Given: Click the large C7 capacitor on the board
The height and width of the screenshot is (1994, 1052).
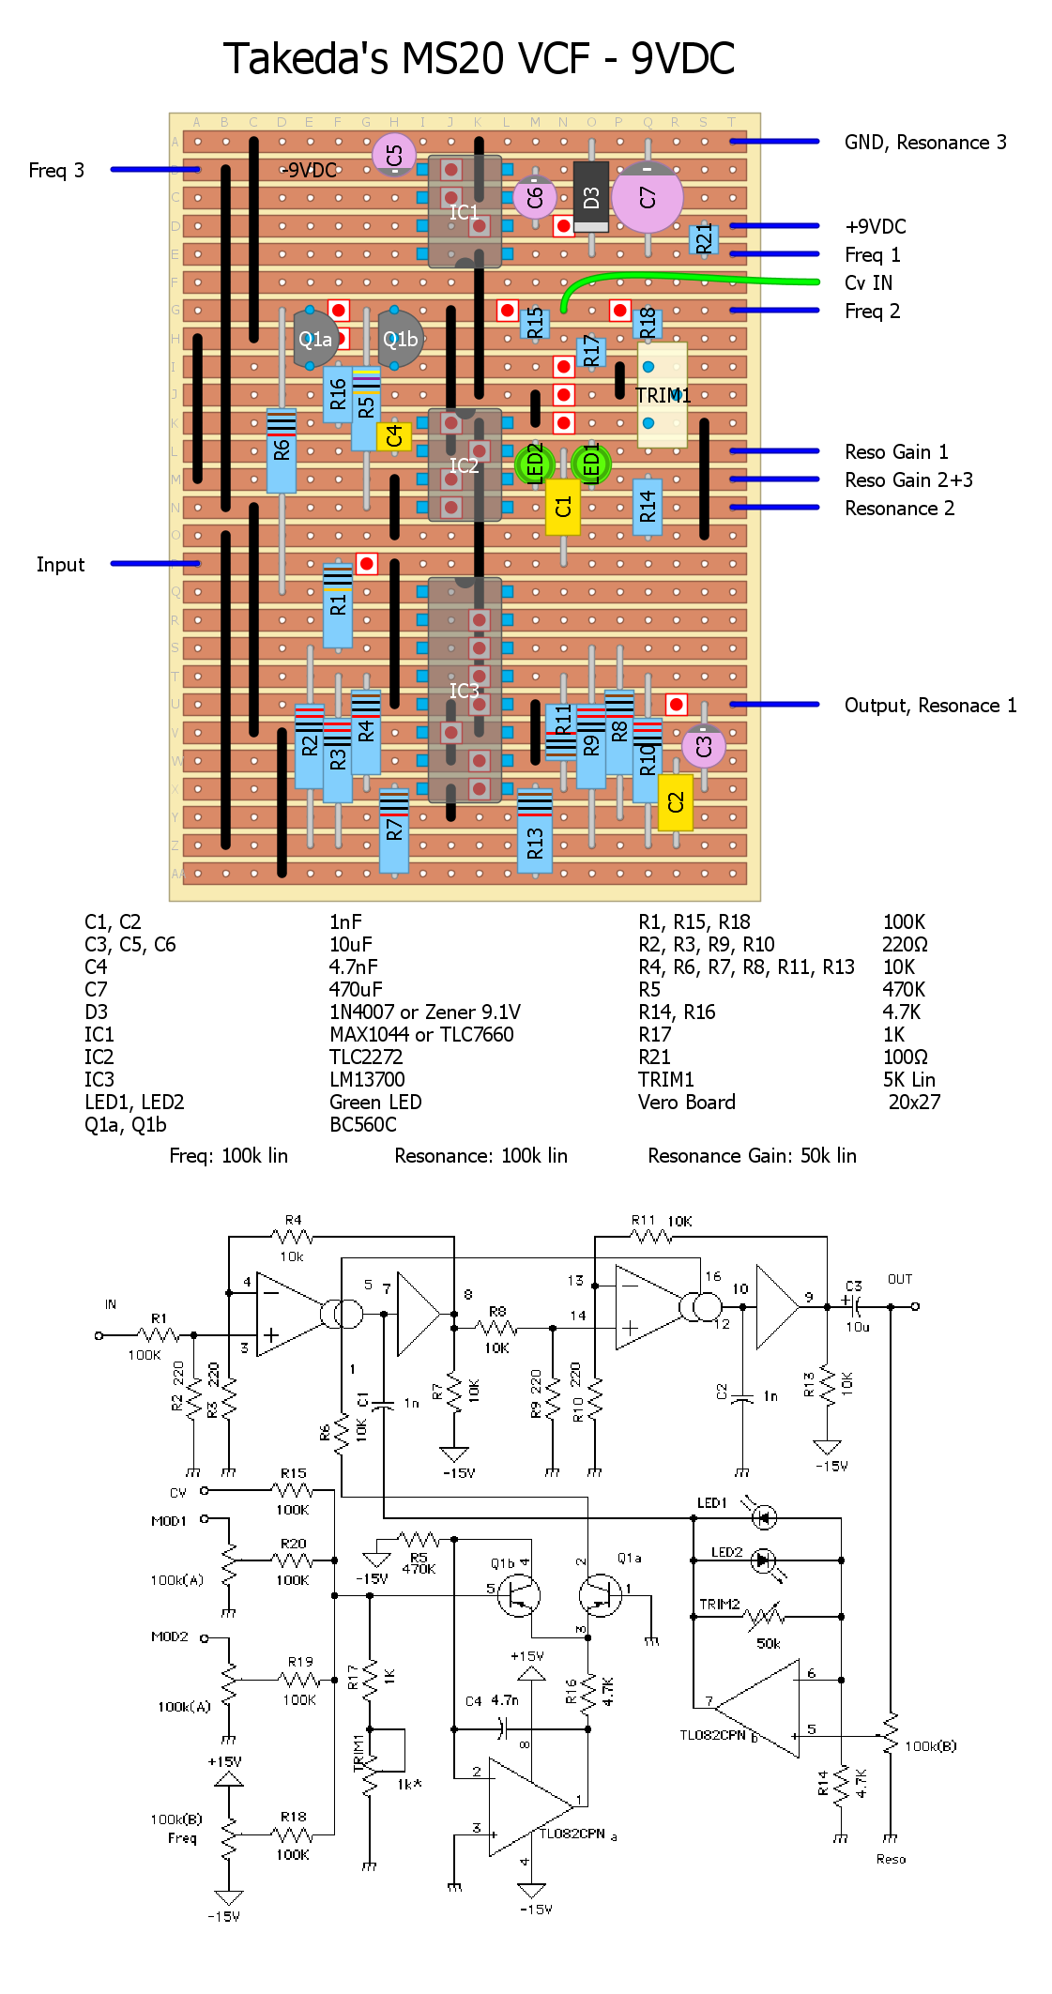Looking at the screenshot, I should click(x=647, y=197).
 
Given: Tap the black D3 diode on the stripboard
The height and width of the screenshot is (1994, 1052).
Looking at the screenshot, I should click(x=590, y=197).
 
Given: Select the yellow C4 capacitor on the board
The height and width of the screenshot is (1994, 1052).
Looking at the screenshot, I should click(x=394, y=436).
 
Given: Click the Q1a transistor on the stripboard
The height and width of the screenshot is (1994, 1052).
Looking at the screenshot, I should click(x=314, y=339).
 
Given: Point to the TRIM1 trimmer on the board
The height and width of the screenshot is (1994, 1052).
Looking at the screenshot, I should click(x=663, y=394).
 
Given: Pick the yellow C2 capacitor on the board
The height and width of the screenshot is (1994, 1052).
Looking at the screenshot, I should click(x=676, y=802).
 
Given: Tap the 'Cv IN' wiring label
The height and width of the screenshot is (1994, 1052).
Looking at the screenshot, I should click(x=868, y=282).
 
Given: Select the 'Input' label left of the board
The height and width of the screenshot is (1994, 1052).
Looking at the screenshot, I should click(x=60, y=564).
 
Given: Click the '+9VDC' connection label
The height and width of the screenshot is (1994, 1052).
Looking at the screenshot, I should click(x=875, y=226).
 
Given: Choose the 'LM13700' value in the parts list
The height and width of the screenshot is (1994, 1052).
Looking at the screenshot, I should click(x=367, y=1079).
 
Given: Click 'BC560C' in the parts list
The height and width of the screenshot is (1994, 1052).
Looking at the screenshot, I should click(x=362, y=1124).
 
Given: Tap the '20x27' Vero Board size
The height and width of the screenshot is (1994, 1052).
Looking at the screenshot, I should click(x=914, y=1102).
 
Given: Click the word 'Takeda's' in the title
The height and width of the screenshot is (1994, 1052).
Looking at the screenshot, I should click(x=305, y=58).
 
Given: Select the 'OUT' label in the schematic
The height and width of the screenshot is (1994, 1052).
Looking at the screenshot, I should click(x=899, y=1279).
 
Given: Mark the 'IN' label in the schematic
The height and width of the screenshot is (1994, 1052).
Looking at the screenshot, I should click(x=111, y=1304).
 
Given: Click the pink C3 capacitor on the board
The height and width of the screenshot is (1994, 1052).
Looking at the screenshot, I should click(x=703, y=746).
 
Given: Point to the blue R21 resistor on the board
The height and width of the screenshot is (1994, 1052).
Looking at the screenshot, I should click(x=704, y=239).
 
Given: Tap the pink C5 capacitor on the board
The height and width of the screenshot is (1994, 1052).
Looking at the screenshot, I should click(x=394, y=155).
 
